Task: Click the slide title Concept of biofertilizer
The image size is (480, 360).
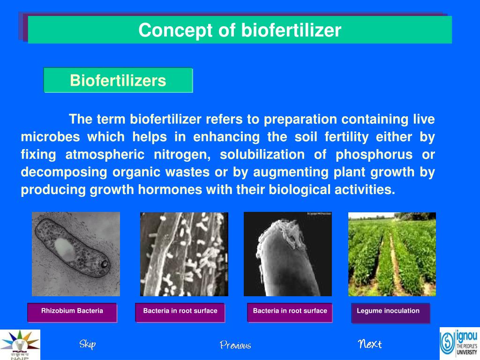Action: click(240, 30)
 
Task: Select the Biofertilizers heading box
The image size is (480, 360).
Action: click(118, 81)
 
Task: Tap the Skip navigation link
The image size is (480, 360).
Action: click(87, 345)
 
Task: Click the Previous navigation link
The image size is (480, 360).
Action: click(235, 345)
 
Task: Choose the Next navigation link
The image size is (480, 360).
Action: click(370, 345)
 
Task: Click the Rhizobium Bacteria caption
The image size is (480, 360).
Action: click(72, 311)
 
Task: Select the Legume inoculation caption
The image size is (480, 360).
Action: click(389, 311)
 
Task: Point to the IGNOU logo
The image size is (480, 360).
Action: click(459, 343)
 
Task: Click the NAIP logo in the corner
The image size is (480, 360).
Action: click(20, 345)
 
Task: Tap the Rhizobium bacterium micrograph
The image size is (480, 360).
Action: click(75, 254)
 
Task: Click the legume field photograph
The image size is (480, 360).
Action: click(392, 254)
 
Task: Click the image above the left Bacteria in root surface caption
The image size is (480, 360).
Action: click(184, 254)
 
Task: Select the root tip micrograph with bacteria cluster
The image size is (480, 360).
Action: click(287, 254)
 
